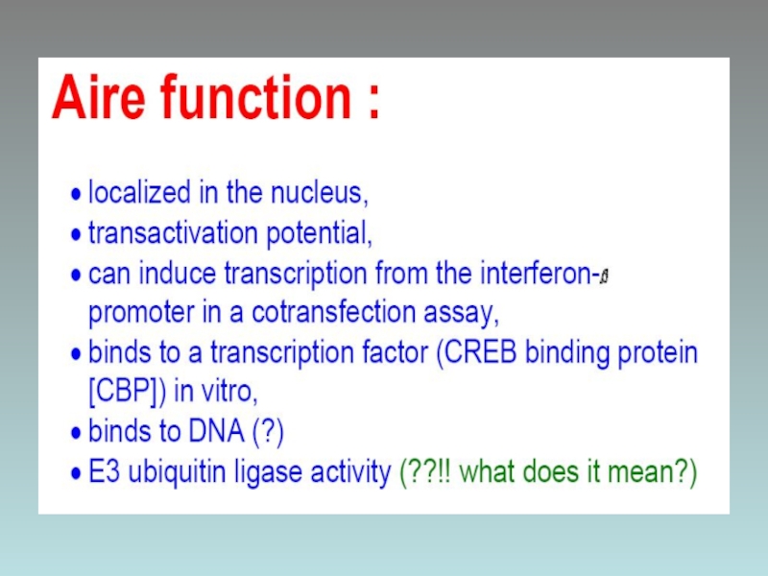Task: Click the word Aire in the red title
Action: pos(99,97)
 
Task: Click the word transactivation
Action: pos(173,232)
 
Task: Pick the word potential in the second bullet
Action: pos(318,233)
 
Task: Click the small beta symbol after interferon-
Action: pos(605,276)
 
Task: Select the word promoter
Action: pos(141,314)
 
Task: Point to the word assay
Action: pos(460,314)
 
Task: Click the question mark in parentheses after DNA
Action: pos(268,432)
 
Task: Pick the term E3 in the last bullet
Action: pos(104,471)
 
